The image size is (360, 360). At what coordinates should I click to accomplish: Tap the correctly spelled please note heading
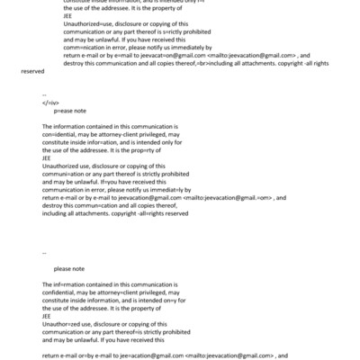pos(68,269)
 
